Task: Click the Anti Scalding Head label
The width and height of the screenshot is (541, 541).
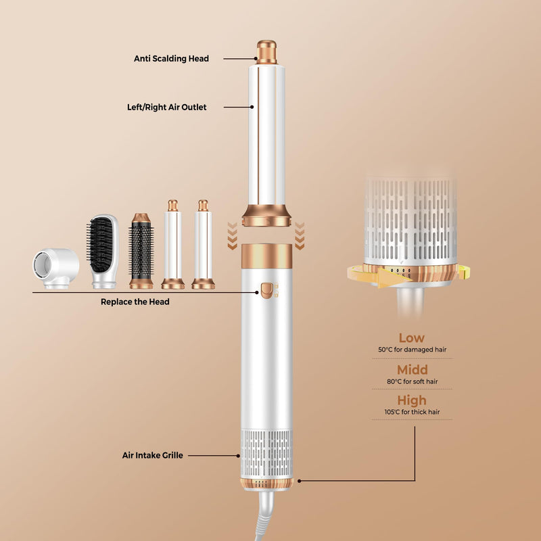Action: click(171, 59)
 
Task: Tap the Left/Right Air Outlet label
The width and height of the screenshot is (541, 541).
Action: click(166, 108)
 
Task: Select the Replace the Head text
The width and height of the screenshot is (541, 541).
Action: click(135, 302)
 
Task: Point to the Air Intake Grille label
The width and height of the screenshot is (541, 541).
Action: click(153, 455)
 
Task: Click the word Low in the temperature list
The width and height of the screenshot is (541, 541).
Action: click(412, 337)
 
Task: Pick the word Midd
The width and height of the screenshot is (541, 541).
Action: click(413, 370)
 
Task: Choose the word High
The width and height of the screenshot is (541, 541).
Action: click(412, 400)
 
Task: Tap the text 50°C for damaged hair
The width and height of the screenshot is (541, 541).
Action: click(413, 350)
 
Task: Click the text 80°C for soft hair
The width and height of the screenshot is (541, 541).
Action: click(413, 381)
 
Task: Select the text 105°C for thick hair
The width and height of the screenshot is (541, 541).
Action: click(413, 412)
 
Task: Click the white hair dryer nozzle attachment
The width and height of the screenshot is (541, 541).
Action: click(56, 268)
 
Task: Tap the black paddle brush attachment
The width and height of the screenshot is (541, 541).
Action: click(103, 251)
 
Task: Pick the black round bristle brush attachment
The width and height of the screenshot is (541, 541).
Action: click(141, 251)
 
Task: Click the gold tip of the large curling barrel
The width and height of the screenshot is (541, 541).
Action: click(266, 52)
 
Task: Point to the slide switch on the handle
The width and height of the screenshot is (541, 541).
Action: click(266, 291)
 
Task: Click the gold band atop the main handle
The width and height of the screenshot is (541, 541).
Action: click(266, 256)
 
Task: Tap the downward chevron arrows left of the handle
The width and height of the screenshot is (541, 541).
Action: click(232, 236)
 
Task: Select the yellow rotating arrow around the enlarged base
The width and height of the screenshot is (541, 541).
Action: click(408, 275)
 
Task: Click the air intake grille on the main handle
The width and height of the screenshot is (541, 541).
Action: click(266, 453)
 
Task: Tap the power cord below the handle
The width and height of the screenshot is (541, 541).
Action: click(264, 515)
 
